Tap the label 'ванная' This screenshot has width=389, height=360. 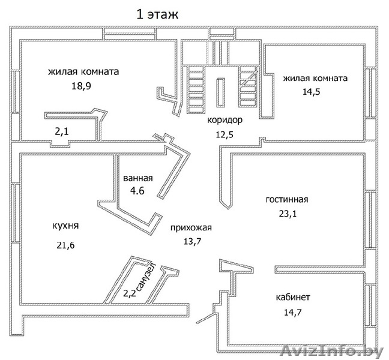[x=138, y=178]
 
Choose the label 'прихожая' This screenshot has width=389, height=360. [x=191, y=227]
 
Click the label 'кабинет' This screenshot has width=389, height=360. [x=293, y=297]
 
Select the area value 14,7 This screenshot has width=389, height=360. [x=294, y=311]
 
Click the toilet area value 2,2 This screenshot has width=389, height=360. [x=129, y=293]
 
